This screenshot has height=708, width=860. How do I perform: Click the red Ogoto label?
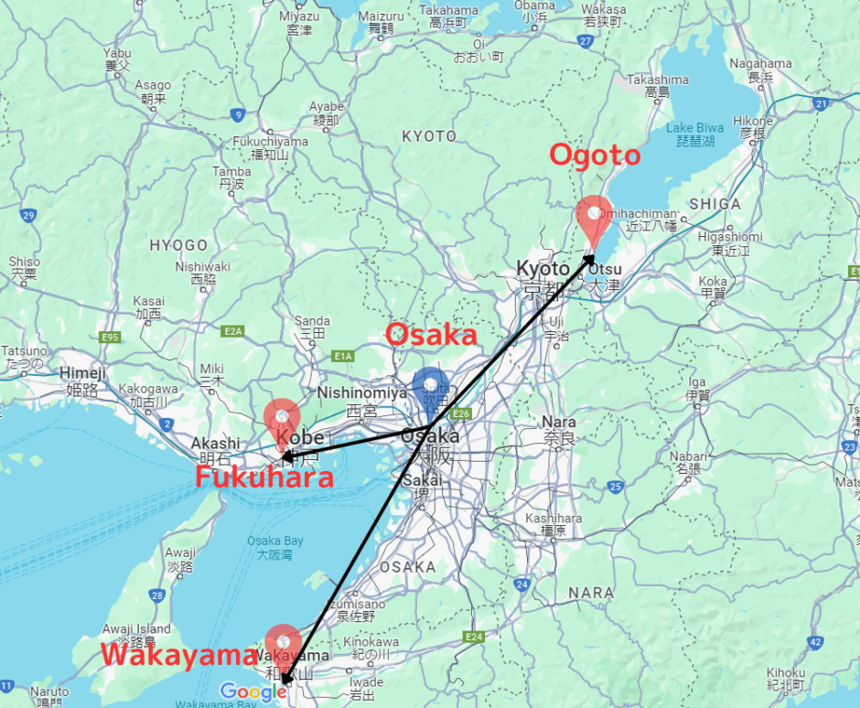594,156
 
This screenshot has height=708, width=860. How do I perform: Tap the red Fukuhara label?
263,477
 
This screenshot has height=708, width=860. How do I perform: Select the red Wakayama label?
178,655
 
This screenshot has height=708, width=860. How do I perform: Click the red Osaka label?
432,335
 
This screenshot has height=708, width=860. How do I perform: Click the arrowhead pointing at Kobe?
286,456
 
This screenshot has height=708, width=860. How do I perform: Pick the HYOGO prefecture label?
178,245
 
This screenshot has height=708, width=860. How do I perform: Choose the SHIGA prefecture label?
715,204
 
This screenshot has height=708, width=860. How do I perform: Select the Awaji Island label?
135,628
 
